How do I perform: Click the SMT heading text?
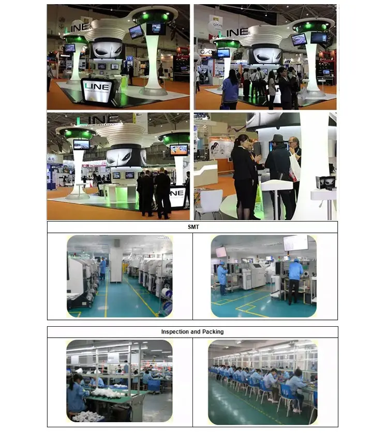click(x=192, y=227)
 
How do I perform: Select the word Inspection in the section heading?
click(x=176, y=331)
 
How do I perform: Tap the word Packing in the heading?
click(x=213, y=331)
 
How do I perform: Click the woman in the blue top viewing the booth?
click(x=230, y=89)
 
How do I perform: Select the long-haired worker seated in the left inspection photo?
click(x=76, y=394)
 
